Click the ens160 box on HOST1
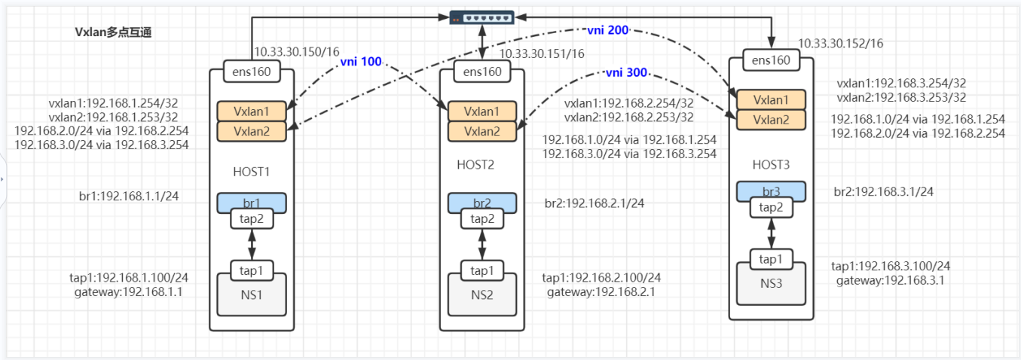(x=251, y=72)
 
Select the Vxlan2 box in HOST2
(x=482, y=131)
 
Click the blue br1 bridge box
(x=251, y=203)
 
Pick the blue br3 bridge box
(x=771, y=191)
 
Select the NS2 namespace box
(x=482, y=294)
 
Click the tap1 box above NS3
(x=771, y=259)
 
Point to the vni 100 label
(x=361, y=62)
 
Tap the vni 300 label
(x=626, y=73)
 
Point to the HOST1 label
(x=251, y=172)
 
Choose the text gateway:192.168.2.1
(x=601, y=291)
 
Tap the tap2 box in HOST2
(x=482, y=218)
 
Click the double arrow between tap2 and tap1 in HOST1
(x=252, y=244)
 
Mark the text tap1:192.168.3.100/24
(x=891, y=266)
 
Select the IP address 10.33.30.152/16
(x=840, y=44)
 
